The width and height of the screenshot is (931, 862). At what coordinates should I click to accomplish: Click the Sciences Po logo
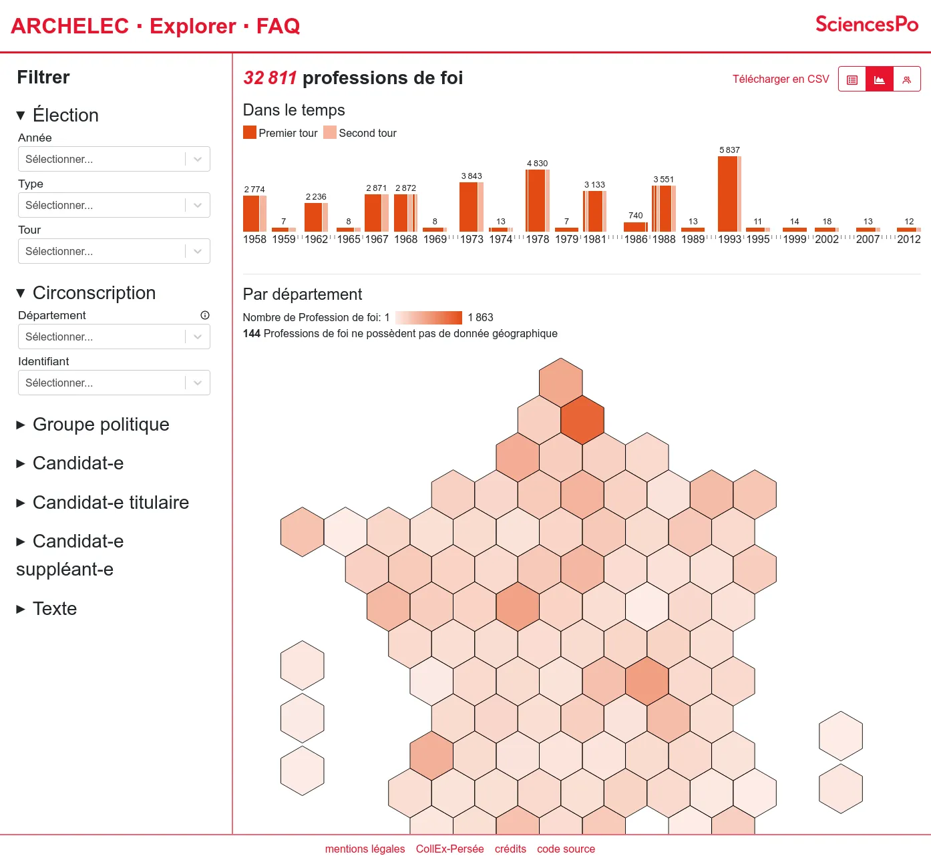pos(867,25)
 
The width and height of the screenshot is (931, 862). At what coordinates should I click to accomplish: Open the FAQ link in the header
pos(278,26)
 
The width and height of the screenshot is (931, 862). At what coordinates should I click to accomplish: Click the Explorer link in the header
pos(192,26)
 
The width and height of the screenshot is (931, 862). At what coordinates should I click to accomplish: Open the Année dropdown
pos(114,159)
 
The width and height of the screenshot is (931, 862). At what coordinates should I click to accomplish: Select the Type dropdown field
pos(114,205)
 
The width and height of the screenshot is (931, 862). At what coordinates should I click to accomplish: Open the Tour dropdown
pos(114,251)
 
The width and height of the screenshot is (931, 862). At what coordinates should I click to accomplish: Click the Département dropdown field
pos(114,337)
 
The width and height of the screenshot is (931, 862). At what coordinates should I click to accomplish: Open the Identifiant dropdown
pos(114,383)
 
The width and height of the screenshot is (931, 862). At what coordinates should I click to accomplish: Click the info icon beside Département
pos(205,315)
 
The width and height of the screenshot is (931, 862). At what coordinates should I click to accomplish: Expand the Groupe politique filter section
pos(100,425)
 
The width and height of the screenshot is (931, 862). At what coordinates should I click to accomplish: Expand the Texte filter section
pos(54,609)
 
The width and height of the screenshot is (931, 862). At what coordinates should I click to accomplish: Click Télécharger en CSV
pos(780,79)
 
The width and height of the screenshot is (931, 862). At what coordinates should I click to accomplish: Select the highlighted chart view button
pos(880,79)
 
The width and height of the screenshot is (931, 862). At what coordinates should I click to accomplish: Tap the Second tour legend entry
pos(361,133)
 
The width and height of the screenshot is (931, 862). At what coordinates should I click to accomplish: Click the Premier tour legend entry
pos(281,133)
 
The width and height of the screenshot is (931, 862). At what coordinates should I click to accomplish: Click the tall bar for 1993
pos(727,194)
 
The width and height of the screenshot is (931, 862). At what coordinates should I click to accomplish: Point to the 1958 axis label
pos(254,239)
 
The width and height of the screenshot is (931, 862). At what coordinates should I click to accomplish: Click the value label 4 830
pos(537,163)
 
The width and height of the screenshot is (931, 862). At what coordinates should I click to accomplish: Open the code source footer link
pos(566,849)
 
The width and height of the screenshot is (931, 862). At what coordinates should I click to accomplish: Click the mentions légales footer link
pos(365,849)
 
